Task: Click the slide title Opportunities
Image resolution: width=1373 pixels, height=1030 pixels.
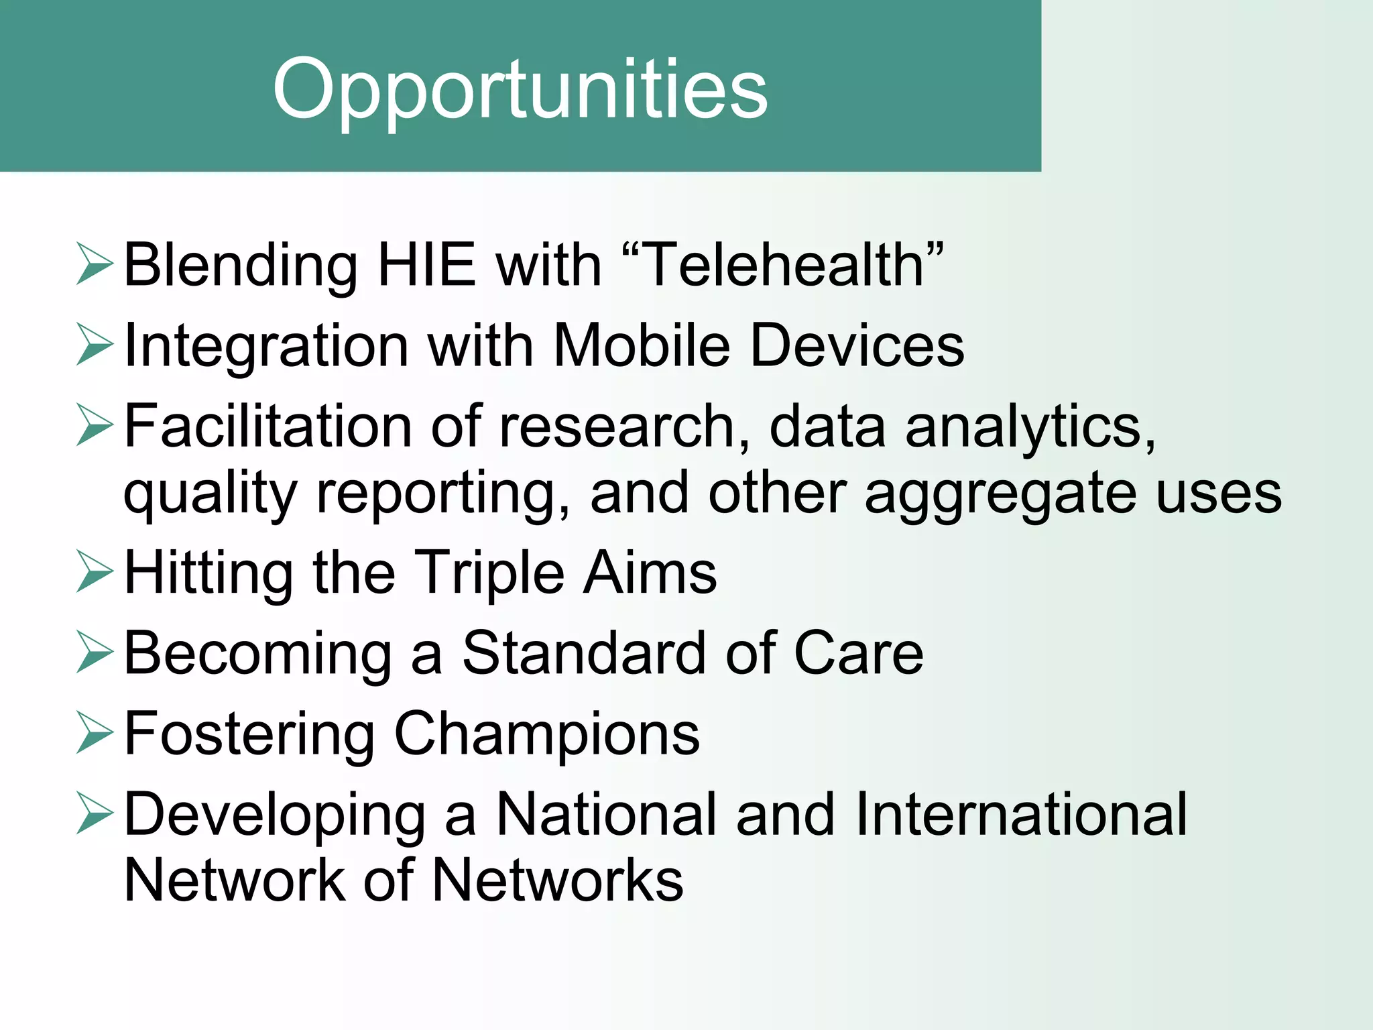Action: click(520, 89)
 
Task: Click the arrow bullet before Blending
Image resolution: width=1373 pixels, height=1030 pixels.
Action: click(94, 264)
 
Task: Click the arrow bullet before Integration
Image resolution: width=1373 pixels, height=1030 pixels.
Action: click(94, 345)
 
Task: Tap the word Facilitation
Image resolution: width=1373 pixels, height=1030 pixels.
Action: click(269, 426)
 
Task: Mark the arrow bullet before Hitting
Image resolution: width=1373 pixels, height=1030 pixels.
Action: click(94, 572)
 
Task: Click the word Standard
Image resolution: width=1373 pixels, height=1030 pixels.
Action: click(584, 653)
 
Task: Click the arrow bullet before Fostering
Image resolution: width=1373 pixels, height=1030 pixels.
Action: click(94, 733)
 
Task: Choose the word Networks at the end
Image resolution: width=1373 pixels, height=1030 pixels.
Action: click(557, 880)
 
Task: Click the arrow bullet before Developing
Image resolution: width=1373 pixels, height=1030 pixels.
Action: click(94, 813)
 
